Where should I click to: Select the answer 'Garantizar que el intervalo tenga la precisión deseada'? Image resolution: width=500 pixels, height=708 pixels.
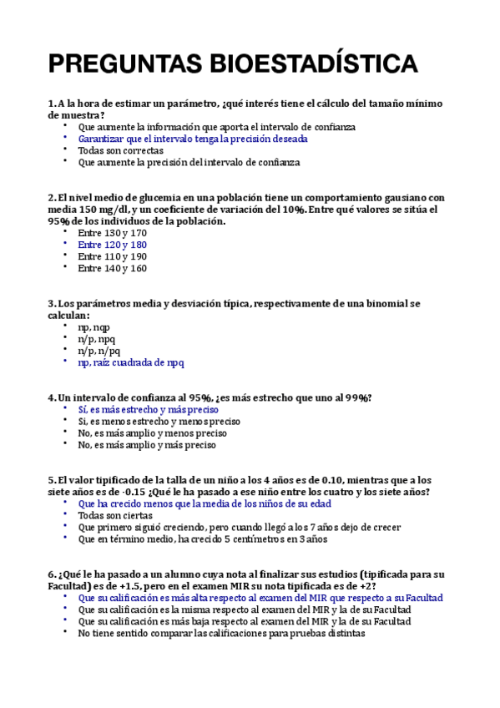(193, 139)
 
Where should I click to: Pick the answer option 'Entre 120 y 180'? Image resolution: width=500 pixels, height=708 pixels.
(112, 245)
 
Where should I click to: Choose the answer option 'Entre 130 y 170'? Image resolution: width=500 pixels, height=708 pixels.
(112, 234)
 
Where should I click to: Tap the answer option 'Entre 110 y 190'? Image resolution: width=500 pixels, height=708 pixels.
(112, 257)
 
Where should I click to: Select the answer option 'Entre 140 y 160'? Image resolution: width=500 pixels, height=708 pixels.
(112, 269)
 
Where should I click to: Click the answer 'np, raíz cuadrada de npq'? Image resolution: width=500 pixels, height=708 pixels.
(131, 363)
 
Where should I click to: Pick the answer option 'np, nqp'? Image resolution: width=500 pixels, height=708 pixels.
(93, 328)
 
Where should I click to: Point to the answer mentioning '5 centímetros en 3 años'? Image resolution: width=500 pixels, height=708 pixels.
(203, 539)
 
